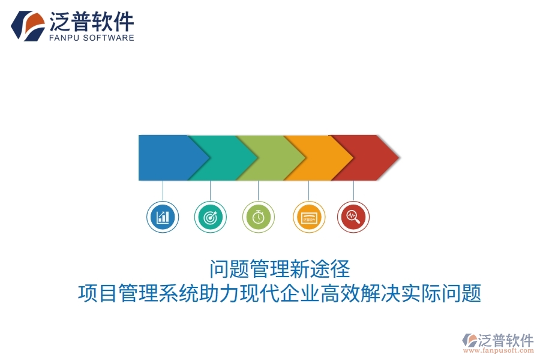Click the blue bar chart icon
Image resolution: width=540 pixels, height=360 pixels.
tap(163, 217)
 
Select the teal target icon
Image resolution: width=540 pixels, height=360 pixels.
tap(211, 217)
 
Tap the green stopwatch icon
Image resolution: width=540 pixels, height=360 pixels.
tap(259, 217)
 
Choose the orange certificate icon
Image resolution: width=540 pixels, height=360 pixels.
tap(309, 217)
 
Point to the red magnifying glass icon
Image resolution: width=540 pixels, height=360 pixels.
tap(353, 217)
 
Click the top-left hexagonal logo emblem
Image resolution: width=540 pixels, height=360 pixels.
tap(28, 26)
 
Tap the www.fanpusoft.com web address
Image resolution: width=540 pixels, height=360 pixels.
tap(499, 351)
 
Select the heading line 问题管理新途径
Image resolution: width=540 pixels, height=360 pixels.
tap(280, 268)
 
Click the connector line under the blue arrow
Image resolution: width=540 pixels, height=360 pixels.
tap(163, 190)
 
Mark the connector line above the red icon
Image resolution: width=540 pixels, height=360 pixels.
tap(353, 190)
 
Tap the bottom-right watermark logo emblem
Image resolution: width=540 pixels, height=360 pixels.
tap(469, 340)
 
